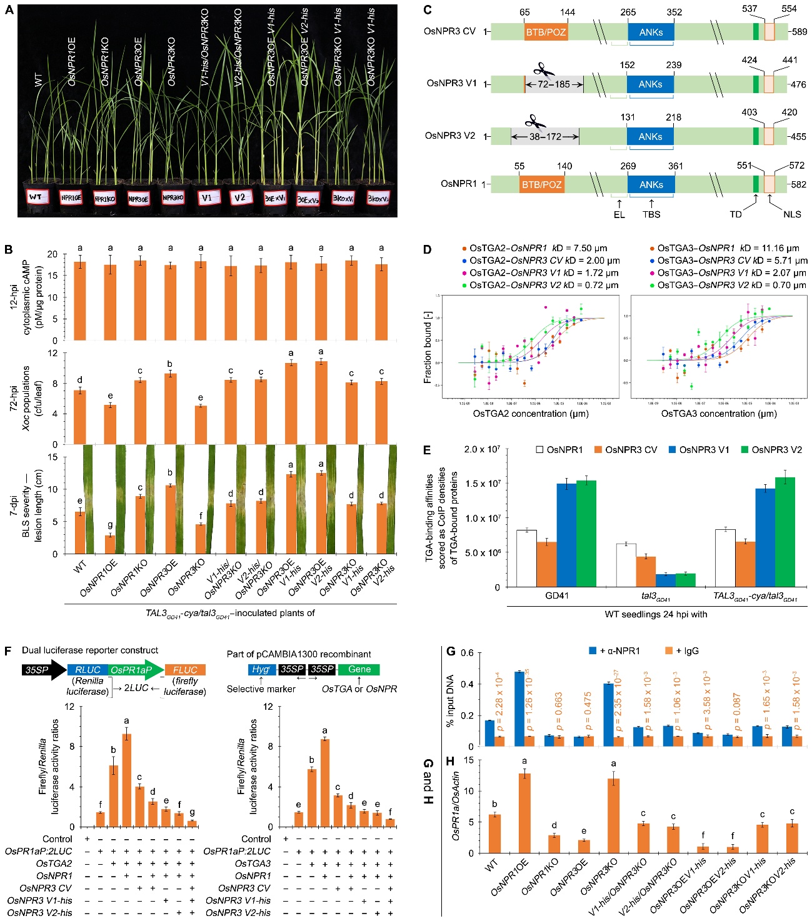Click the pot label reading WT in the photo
point(36,197)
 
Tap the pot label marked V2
point(239,198)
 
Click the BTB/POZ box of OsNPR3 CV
point(546,32)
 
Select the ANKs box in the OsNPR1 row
point(651,184)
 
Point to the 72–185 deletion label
point(554,84)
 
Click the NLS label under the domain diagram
point(791,214)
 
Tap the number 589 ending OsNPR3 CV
point(799,32)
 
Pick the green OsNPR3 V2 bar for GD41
point(586,534)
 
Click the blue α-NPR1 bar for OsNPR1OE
point(519,709)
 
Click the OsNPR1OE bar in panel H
point(524,813)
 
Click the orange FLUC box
point(185,670)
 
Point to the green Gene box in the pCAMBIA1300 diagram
point(359,669)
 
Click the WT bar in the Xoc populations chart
point(80,417)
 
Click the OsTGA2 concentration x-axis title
point(531,414)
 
